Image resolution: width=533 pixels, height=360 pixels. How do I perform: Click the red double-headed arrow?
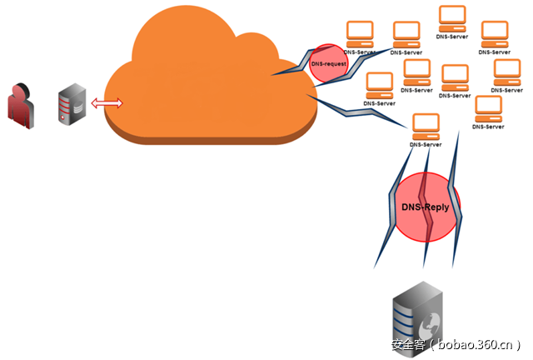pyautogui.click(x=107, y=103)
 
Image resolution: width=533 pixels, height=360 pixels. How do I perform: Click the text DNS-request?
pyautogui.click(x=327, y=62)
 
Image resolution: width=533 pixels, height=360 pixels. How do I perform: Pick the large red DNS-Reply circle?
pyautogui.click(x=427, y=206)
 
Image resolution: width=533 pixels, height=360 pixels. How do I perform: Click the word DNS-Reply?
pyautogui.click(x=426, y=206)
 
